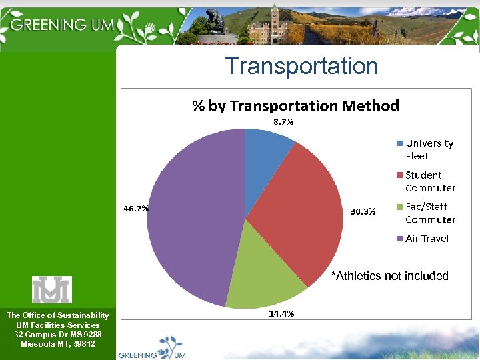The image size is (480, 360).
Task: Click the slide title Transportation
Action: coord(301,66)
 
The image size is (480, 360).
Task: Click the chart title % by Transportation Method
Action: coord(295,105)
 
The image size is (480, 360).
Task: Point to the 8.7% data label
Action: coord(282,122)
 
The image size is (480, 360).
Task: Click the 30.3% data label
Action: coord(363,212)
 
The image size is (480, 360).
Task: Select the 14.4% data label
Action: coord(281,313)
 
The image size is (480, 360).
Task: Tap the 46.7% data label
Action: coord(136,208)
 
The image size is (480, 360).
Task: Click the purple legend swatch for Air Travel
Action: coord(399,239)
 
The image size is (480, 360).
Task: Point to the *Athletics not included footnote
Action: coord(390,276)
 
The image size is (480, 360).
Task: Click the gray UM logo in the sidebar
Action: coord(52,289)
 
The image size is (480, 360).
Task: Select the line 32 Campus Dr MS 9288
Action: coord(57,334)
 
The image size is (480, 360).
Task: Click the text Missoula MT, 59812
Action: coord(57,344)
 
